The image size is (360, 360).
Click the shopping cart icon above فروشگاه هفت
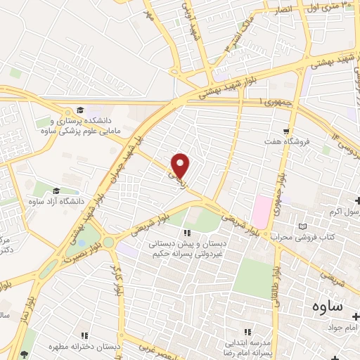(x=285, y=131)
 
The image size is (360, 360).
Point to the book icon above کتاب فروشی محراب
(x=303, y=226)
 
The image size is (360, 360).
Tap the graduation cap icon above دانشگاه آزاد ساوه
(x=56, y=190)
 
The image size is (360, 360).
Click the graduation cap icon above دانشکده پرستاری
(x=79, y=109)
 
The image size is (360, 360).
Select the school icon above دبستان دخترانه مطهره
(x=85, y=335)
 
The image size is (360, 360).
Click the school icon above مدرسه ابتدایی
(x=247, y=331)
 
